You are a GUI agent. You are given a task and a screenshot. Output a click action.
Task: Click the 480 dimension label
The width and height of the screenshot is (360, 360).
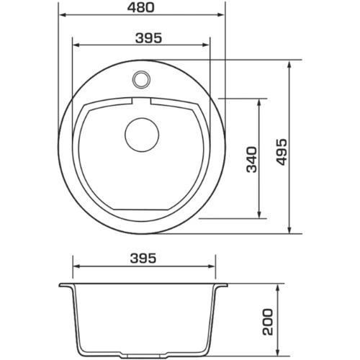140,7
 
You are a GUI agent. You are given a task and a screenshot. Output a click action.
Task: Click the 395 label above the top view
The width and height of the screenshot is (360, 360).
149,38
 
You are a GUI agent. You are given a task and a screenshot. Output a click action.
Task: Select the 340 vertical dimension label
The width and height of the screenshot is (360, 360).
252,160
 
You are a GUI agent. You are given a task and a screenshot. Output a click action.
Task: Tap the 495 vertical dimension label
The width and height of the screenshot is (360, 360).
282,152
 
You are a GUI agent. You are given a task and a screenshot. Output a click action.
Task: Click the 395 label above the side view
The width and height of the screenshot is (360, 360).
143,258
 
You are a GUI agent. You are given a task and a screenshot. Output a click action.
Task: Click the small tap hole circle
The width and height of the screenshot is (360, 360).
141,79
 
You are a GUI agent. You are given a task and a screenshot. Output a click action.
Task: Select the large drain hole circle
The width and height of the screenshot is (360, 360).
142,135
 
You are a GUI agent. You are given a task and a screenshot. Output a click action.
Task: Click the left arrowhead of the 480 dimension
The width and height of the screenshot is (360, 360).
63,15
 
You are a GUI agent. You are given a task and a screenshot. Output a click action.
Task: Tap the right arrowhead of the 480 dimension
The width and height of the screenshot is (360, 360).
220,15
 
